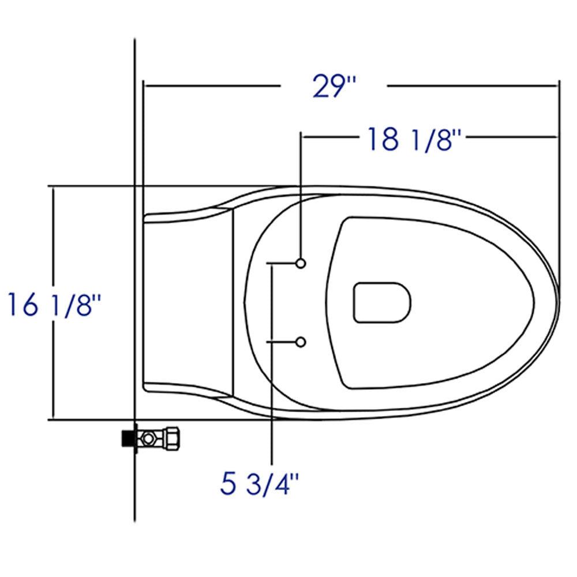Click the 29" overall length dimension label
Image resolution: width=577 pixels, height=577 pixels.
click(334, 87)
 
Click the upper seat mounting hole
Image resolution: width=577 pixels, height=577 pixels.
click(300, 263)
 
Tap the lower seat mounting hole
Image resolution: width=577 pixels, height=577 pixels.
click(300, 342)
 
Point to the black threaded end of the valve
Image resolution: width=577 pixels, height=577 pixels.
click(127, 438)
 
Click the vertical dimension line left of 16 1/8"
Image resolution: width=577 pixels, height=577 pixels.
click(53, 242)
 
